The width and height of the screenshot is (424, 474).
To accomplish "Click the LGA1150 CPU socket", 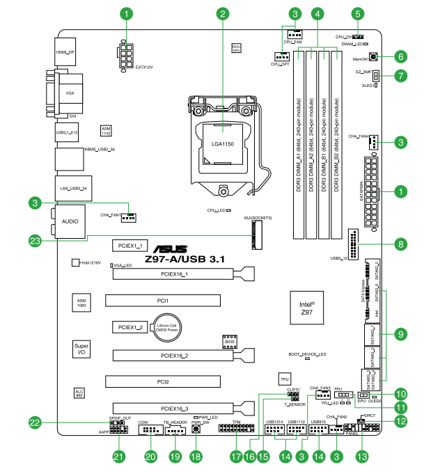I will click(x=223, y=136).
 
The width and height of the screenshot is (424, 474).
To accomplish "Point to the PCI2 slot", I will click(x=163, y=382).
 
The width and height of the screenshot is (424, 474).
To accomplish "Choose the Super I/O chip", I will click(x=81, y=349).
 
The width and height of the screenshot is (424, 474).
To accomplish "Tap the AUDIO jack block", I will click(x=70, y=221).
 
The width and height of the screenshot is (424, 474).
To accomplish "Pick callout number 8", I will click(x=400, y=244).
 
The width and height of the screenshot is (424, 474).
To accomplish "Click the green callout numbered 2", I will click(x=223, y=13).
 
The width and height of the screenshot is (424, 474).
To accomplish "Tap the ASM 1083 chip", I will click(x=81, y=303).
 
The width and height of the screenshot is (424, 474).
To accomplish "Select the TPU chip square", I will click(x=284, y=379).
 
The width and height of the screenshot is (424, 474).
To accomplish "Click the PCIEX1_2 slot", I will click(x=129, y=327).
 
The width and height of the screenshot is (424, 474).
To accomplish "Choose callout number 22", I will click(x=33, y=422).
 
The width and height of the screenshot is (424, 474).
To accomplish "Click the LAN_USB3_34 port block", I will click(x=70, y=187).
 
